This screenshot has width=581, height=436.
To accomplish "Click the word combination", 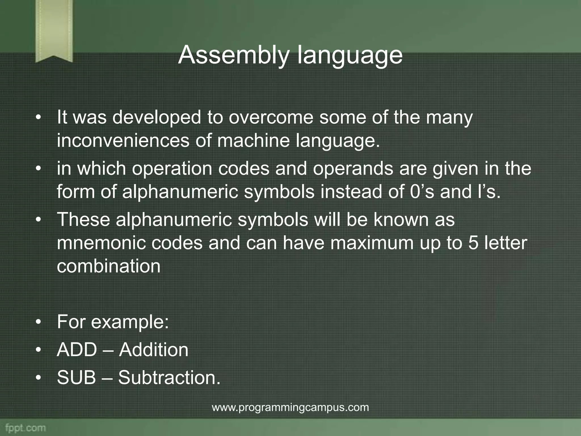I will (108, 266).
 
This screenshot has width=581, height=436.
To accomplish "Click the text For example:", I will (113, 322).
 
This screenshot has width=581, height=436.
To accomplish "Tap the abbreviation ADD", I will (77, 350).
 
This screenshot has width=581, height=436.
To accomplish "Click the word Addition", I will (153, 350).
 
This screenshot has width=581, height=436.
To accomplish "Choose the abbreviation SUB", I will (76, 378).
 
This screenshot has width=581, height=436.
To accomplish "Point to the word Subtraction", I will (169, 378).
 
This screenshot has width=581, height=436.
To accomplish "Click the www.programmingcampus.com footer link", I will (290, 407).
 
